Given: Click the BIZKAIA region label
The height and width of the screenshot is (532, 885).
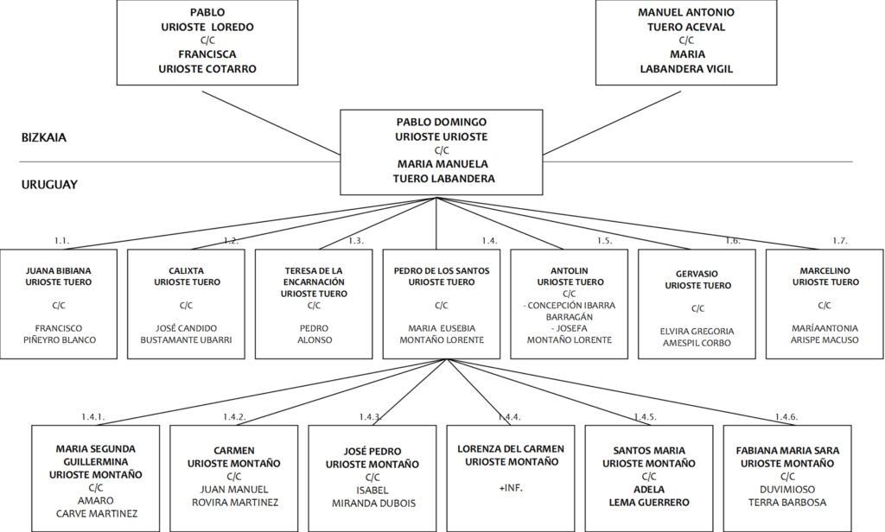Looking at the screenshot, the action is [44, 137].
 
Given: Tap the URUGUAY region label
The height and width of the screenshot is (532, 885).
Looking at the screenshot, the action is [49, 185].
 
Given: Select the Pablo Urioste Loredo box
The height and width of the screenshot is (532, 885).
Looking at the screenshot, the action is [207, 42].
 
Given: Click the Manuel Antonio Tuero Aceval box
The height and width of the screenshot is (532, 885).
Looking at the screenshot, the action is [685, 42].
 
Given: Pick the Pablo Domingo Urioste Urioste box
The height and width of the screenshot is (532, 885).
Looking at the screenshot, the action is [442, 152].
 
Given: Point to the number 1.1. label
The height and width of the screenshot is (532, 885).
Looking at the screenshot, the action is [62, 241].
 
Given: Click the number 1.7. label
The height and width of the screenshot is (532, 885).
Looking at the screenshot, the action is [840, 241].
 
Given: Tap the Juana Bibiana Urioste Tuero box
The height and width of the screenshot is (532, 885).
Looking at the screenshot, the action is [59, 304].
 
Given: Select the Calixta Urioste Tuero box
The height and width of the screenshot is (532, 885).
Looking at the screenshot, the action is [187, 304].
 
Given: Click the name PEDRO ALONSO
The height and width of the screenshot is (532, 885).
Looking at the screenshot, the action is [315, 334].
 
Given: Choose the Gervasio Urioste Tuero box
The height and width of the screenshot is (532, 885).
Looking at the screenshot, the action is [697, 304].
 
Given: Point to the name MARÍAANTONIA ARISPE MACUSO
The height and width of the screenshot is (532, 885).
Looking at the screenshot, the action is [825, 334].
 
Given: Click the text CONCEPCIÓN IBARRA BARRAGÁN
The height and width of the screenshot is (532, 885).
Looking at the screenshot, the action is [571, 312].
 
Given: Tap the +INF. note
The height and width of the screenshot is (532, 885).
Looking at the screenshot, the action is [511, 488].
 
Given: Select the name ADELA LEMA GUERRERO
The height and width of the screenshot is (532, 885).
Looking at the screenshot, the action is [649, 496].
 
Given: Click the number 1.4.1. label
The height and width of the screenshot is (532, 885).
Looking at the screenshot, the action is [93, 417].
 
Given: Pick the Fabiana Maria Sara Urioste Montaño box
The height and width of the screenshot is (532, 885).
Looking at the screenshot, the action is [787, 478].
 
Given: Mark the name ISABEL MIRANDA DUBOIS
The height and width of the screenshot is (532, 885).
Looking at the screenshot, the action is [373, 497].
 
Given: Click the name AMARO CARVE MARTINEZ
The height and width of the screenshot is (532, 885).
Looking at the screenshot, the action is [96, 507].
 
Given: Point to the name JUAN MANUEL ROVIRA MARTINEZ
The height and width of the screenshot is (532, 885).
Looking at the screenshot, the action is [235, 496].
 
